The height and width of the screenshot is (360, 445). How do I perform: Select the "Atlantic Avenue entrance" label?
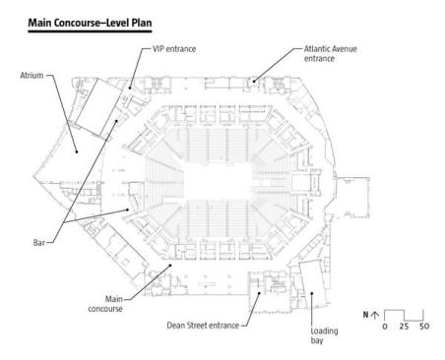325,53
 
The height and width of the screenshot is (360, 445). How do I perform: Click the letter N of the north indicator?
364,314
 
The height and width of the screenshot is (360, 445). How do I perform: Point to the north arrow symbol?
374,314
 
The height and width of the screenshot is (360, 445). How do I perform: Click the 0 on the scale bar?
387,326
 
